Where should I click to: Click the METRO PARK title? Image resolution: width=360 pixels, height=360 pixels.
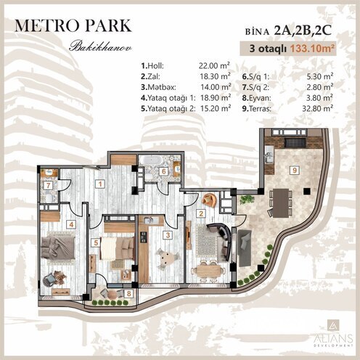coord(73,24)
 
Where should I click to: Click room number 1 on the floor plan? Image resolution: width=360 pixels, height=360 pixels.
coord(99,184)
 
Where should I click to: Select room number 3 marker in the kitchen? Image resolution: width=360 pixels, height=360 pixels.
coord(167,235)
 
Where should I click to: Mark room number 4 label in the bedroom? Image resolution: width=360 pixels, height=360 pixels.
coord(72,224)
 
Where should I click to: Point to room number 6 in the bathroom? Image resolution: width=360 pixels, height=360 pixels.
coord(164,171)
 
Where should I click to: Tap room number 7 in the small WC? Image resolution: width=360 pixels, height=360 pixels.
coord(48,185)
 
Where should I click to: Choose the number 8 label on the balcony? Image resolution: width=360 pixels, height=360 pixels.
coord(128,294)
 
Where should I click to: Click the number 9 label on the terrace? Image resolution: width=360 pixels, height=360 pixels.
coord(294,170)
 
